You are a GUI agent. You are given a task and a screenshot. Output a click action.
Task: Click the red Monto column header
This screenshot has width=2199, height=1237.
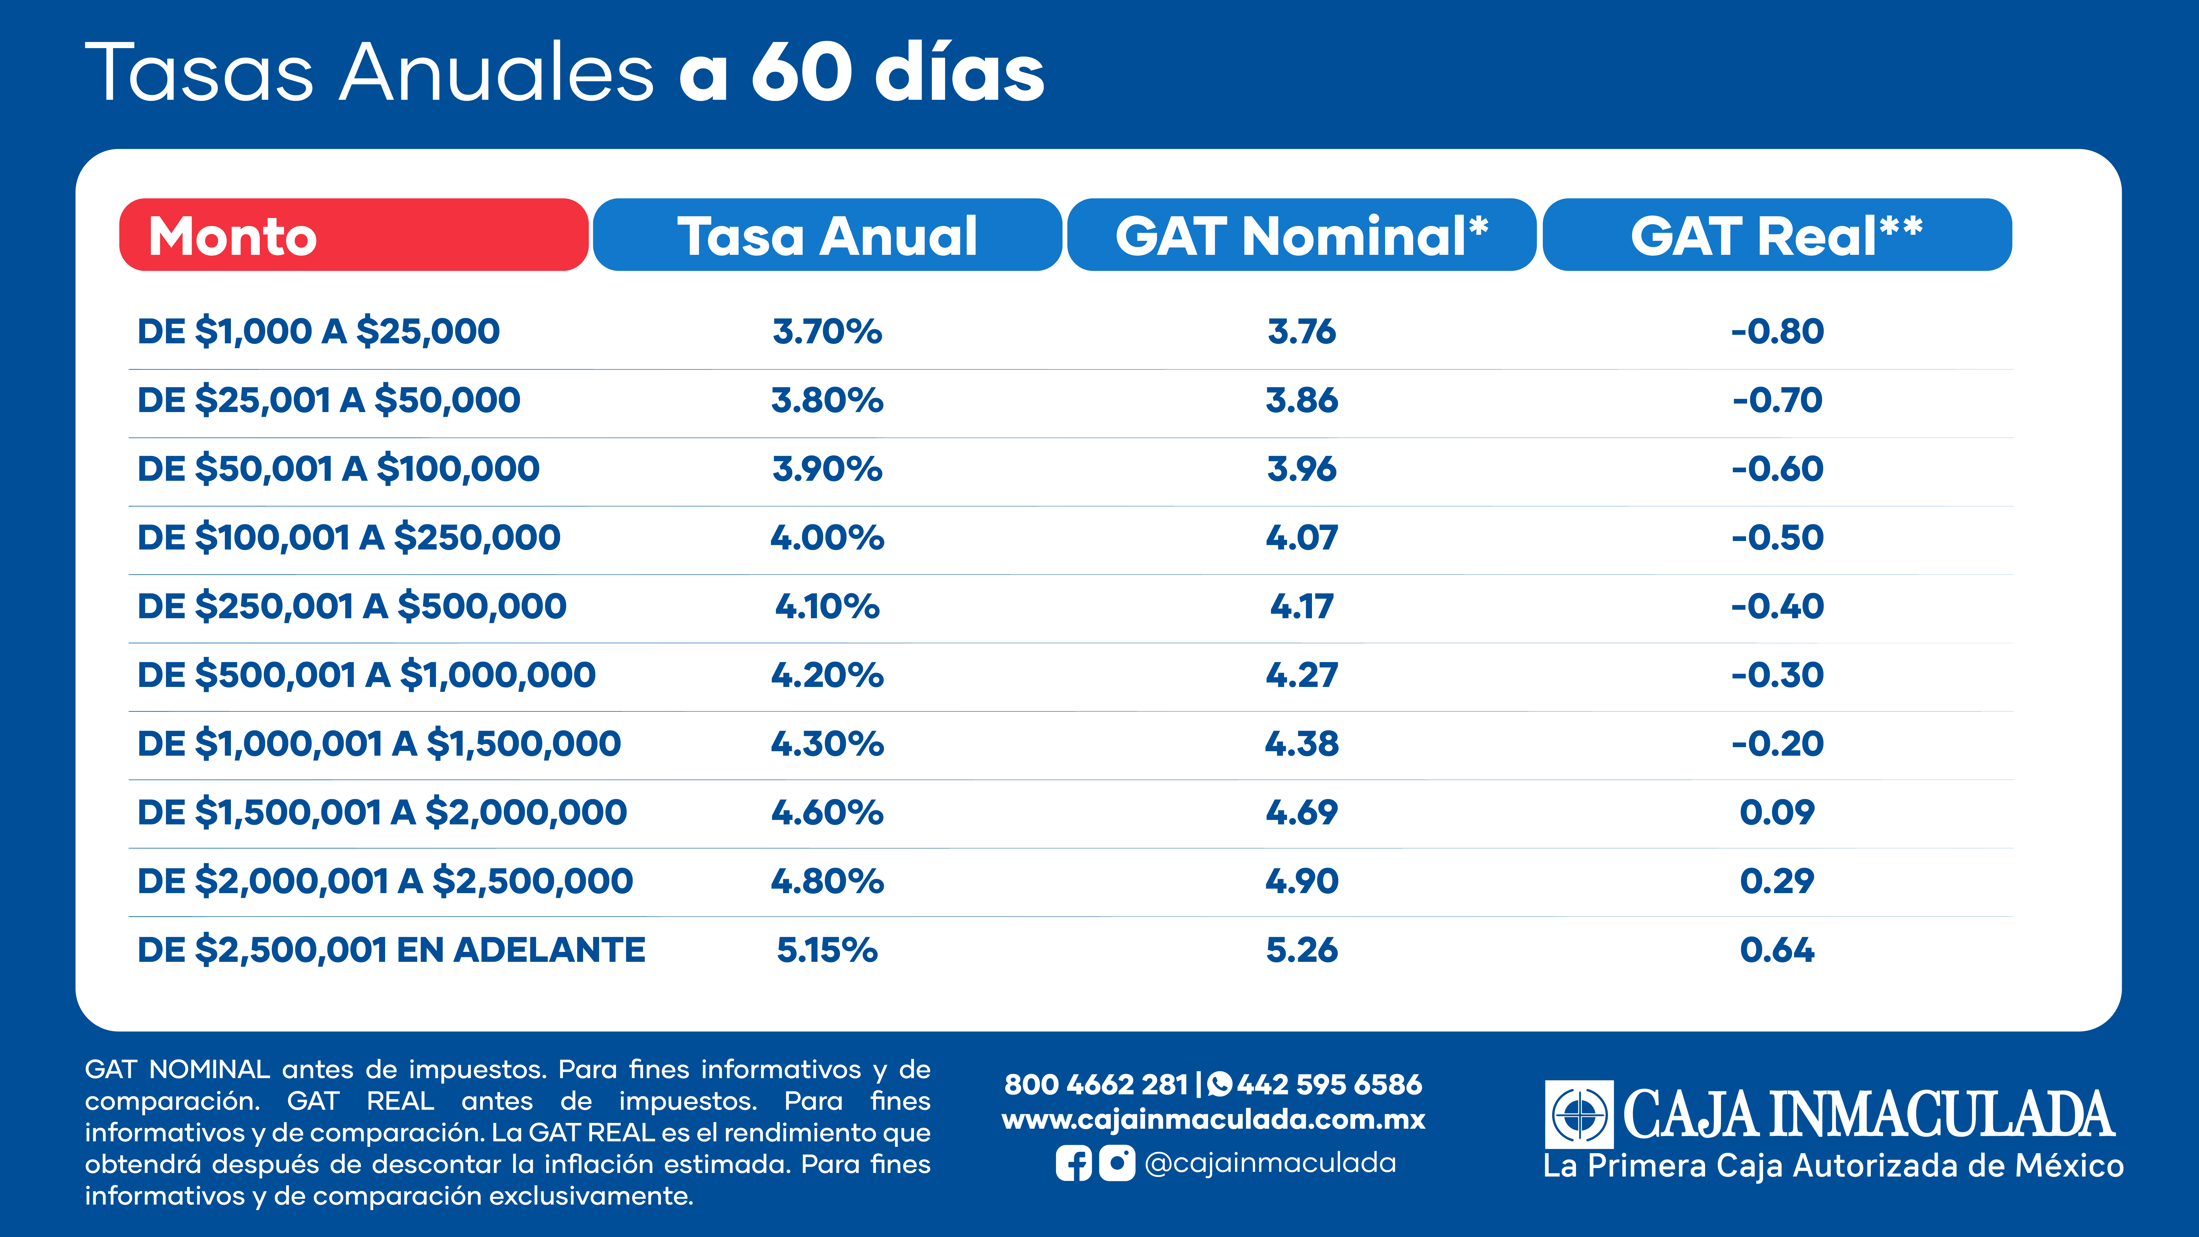click(x=353, y=235)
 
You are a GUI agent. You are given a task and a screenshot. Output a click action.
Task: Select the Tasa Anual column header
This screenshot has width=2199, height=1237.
click(x=827, y=235)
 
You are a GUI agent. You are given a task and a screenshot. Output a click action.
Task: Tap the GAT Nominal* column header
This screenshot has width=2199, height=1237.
click(x=1302, y=235)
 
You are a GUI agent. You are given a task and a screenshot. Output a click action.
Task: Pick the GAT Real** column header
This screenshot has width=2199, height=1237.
click(x=1777, y=235)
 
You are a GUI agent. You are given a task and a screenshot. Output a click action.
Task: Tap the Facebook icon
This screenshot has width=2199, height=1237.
click(x=1073, y=1163)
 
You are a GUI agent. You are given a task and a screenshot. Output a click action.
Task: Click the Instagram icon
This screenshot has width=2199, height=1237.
click(x=1117, y=1163)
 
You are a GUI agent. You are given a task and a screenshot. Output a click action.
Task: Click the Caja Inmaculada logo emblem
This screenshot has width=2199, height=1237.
click(x=1579, y=1114)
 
